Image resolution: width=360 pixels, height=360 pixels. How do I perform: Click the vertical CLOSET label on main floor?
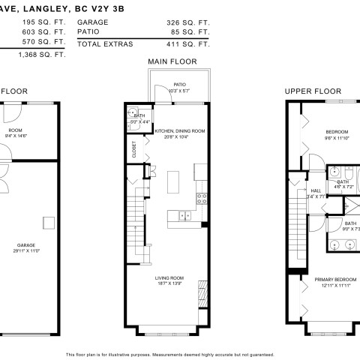[135, 148]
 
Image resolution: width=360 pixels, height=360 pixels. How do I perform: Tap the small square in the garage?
[47, 221]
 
